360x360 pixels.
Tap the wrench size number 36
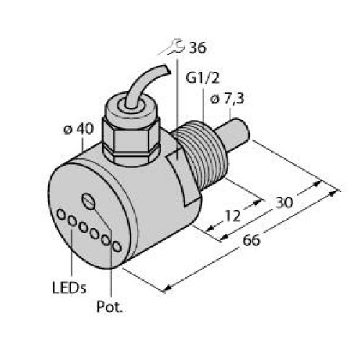pos(197,49)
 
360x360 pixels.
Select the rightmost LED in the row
pos(115,247)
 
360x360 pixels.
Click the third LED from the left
pos(84,228)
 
